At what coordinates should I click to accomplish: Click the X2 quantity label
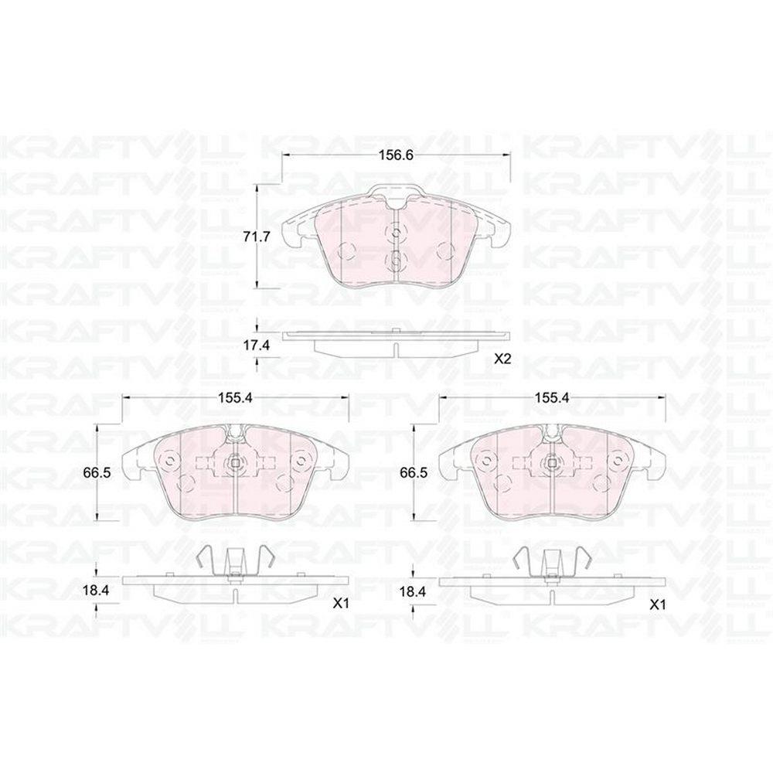(x=503, y=359)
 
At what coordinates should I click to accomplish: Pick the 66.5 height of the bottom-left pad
(x=97, y=473)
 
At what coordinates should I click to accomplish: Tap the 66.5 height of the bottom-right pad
(x=413, y=473)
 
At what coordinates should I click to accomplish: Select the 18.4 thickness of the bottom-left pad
(x=95, y=591)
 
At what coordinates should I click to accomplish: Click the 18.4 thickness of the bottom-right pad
(x=413, y=591)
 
